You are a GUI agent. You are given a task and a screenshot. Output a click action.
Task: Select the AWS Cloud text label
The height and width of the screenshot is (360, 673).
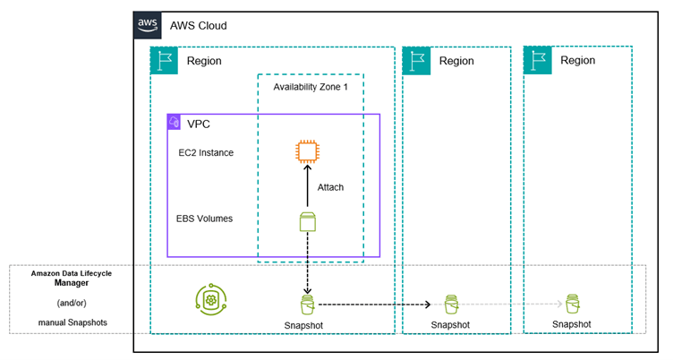click(x=199, y=25)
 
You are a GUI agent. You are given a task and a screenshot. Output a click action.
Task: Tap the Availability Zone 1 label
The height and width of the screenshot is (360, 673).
click(x=311, y=87)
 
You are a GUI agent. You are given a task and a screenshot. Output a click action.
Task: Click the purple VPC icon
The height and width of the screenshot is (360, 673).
click(x=175, y=123)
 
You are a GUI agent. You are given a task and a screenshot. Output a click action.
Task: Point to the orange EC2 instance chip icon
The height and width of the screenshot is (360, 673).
click(x=307, y=152)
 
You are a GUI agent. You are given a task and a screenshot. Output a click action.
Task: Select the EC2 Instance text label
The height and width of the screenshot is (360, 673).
click(x=206, y=153)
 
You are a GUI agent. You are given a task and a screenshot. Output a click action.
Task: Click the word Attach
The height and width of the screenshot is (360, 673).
click(x=330, y=187)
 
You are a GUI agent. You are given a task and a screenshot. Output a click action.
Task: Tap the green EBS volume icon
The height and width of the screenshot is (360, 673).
click(x=307, y=219)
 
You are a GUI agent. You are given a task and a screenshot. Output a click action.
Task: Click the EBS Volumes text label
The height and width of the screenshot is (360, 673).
click(x=206, y=219)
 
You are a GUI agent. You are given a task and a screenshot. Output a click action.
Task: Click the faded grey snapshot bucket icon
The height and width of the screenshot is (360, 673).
click(x=571, y=304)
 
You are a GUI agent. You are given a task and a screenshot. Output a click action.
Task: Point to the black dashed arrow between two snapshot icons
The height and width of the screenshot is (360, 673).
click(x=376, y=304)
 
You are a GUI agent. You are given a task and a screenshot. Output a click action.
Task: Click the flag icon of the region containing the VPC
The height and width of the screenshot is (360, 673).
click(x=165, y=61)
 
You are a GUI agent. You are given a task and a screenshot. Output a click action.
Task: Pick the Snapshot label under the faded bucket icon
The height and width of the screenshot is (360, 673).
click(x=571, y=324)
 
